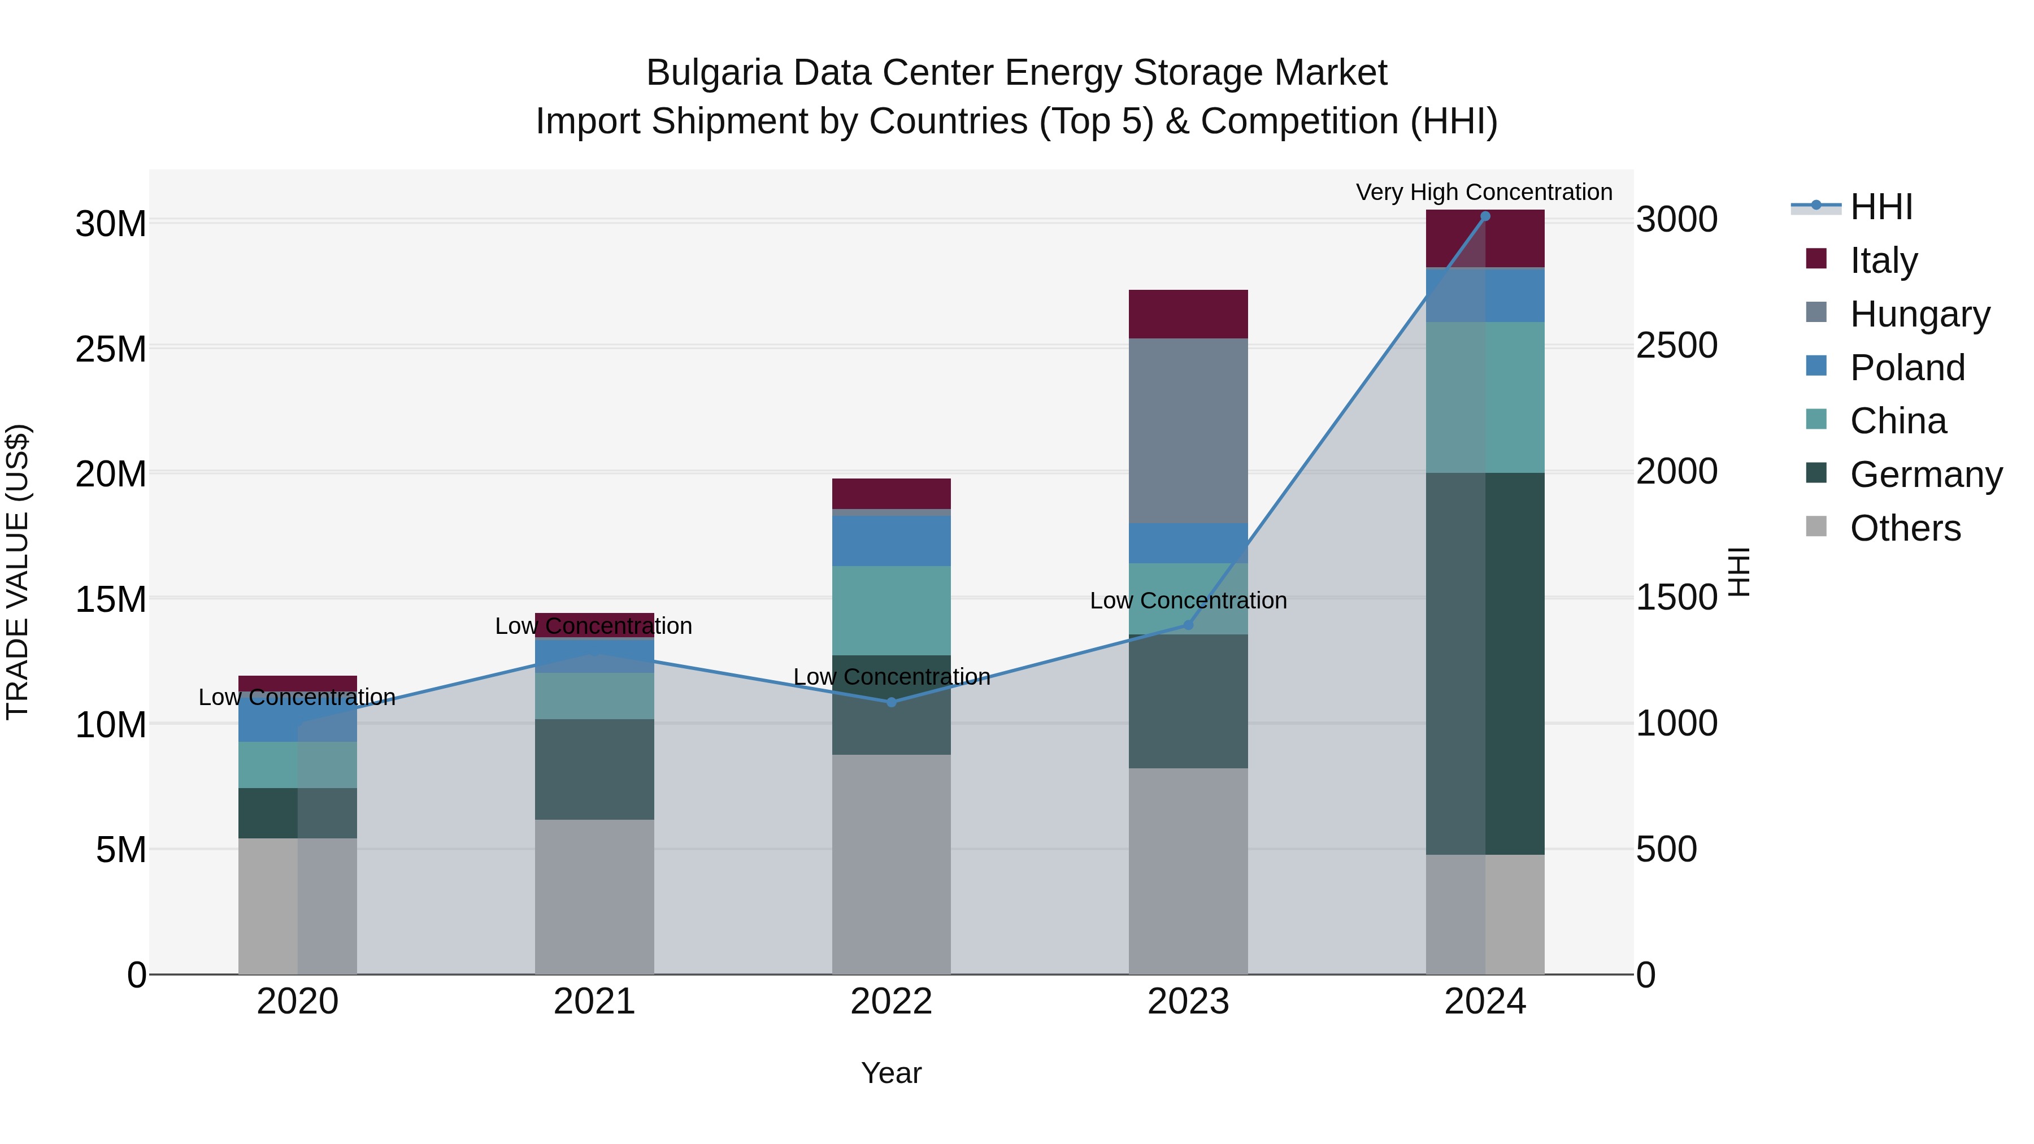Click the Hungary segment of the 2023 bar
click(x=1188, y=430)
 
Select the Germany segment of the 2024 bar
click(x=1484, y=663)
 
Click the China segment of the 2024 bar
click(x=1484, y=397)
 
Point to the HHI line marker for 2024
click(x=1484, y=216)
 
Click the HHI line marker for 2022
click(x=892, y=702)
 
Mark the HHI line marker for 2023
click(x=1188, y=624)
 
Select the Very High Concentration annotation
click(x=1484, y=192)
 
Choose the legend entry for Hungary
click(x=1919, y=314)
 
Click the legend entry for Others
click(x=1905, y=528)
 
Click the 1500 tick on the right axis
click(x=1676, y=598)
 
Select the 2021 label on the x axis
click(x=594, y=1002)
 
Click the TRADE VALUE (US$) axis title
click(x=18, y=572)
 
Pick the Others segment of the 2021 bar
click(x=594, y=896)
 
